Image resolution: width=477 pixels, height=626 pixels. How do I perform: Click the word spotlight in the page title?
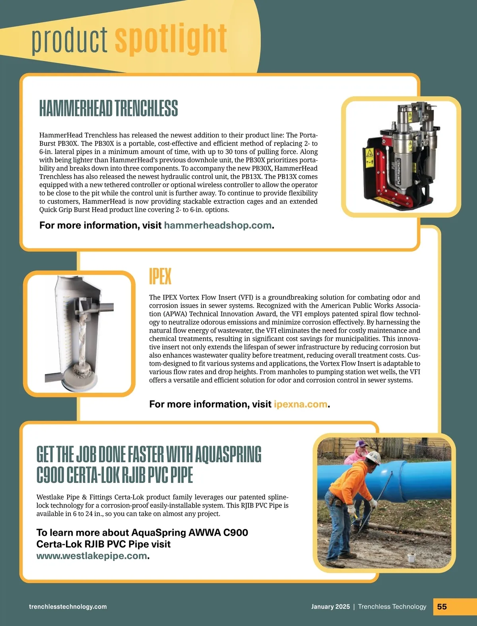(171, 39)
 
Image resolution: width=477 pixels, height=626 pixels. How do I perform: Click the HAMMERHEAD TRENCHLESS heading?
(109, 109)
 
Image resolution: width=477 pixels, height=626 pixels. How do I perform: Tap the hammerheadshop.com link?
(218, 225)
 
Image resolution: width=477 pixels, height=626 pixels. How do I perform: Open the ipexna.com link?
(301, 404)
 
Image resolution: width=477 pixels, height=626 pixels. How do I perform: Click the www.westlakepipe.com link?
(92, 556)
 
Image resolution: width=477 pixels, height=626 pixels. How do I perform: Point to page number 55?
(442, 607)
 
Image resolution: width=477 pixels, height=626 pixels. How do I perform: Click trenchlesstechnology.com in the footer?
(68, 607)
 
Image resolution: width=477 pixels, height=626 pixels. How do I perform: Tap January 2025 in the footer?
(330, 607)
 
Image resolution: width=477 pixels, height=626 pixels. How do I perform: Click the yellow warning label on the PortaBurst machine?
(369, 153)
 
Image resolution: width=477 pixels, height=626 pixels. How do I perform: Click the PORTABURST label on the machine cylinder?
(398, 171)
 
